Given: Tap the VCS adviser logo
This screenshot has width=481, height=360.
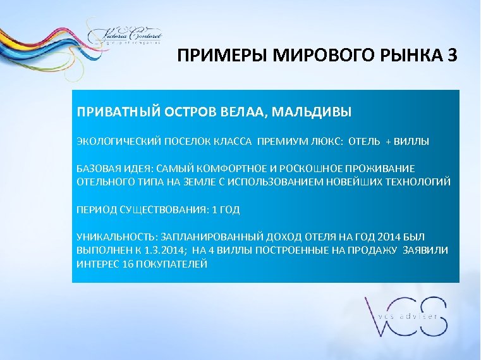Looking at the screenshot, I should pos(405,316).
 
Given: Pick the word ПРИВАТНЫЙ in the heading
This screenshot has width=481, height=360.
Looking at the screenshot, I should pos(112,112).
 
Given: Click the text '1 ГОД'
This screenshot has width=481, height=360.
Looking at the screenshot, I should pos(226,209).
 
